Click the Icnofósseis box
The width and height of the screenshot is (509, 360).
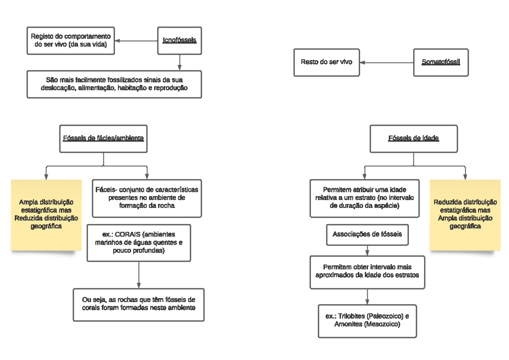click(x=179, y=41)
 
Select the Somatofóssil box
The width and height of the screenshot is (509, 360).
click(x=441, y=62)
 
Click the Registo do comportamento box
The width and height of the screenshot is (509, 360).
click(x=71, y=41)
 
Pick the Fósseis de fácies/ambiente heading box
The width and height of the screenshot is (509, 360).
click(x=103, y=138)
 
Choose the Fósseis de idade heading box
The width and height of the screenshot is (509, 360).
click(x=414, y=138)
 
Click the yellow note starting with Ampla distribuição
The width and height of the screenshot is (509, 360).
click(x=46, y=214)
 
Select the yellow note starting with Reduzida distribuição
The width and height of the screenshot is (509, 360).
click(x=465, y=214)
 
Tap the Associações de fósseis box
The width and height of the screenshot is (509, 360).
click(x=367, y=234)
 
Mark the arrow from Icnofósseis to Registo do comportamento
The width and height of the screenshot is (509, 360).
click(x=136, y=41)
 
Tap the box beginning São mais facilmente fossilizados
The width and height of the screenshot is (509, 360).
click(x=114, y=84)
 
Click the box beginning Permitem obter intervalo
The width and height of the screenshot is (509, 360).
click(x=367, y=271)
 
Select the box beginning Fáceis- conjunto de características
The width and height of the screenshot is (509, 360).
click(x=147, y=198)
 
